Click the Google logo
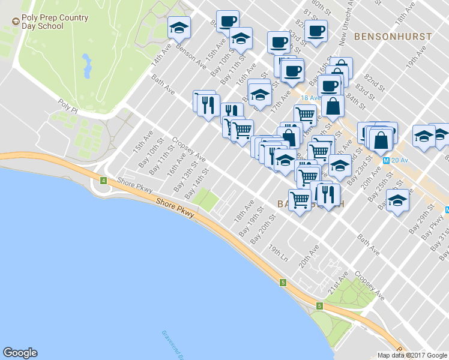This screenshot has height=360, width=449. pos(20,353)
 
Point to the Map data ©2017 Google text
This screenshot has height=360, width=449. pos(412,355)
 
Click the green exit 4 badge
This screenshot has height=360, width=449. pos(103,180)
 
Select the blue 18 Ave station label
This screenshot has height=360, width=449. pos(312,98)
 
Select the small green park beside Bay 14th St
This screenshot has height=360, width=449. pos(205,200)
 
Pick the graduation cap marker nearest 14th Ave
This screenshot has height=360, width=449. pos(179,28)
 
